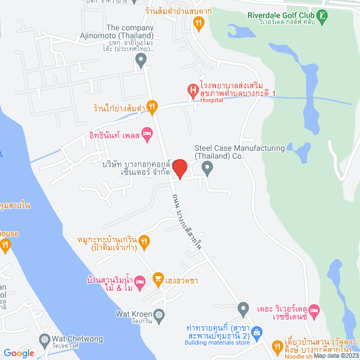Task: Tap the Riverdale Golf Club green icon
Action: (321, 17)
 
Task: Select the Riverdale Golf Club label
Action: (279, 16)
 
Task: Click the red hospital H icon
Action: (192, 89)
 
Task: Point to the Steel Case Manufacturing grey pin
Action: (208, 167)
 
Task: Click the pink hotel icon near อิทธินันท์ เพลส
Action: (147, 133)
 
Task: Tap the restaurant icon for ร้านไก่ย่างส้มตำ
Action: (151, 105)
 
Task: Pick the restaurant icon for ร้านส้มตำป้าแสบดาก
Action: (198, 23)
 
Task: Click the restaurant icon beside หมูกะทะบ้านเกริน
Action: (145, 240)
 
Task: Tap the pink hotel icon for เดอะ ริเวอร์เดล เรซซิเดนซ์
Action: (314, 309)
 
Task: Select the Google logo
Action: (19, 353)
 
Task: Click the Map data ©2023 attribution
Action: (336, 355)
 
